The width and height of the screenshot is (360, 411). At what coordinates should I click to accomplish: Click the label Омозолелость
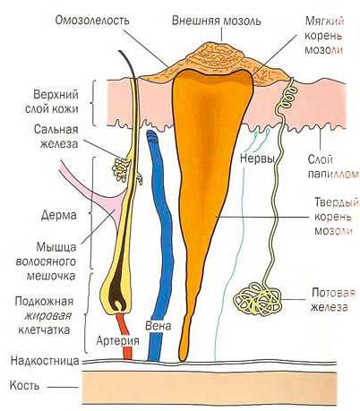pyautogui.click(x=92, y=21)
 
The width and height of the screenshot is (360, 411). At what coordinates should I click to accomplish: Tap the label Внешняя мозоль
pyautogui.click(x=216, y=21)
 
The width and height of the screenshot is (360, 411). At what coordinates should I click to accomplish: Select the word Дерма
pyautogui.click(x=59, y=215)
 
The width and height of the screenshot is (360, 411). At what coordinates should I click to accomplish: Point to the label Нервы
pyautogui.click(x=257, y=158)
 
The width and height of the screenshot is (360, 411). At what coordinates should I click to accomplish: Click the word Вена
pyautogui.click(x=159, y=326)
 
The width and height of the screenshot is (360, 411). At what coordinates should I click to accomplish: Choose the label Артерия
pyautogui.click(x=117, y=341)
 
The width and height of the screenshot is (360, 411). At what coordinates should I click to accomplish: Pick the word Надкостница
pyautogui.click(x=45, y=361)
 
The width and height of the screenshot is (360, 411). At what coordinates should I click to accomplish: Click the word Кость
pyautogui.click(x=24, y=386)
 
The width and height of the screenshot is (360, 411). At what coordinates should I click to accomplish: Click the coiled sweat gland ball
pyautogui.click(x=257, y=299)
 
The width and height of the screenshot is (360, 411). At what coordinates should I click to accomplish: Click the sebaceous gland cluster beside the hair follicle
pyautogui.click(x=121, y=170)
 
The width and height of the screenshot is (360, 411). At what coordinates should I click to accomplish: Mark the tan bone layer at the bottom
pyautogui.click(x=210, y=387)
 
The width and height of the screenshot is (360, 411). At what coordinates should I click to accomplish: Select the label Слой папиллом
pyautogui.click(x=333, y=167)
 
